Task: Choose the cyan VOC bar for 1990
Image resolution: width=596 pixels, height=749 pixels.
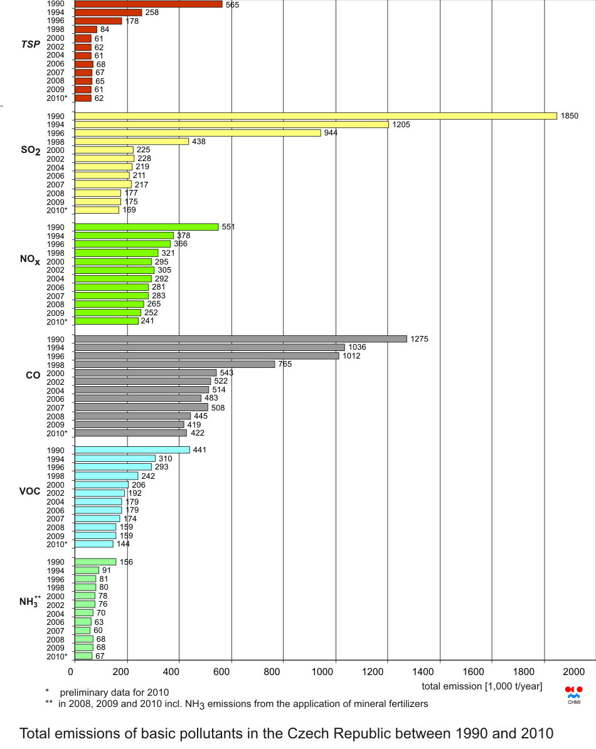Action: (132, 450)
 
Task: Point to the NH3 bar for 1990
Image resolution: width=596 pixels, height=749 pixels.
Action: (95, 562)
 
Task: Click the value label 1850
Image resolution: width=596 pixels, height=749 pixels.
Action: (570, 116)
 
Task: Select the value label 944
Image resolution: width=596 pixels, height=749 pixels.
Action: (331, 133)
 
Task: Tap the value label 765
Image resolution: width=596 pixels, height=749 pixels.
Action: (285, 364)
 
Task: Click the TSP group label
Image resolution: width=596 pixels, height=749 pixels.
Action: (31, 44)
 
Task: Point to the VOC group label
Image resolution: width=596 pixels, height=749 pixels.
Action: (29, 491)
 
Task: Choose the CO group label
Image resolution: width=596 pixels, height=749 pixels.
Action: (33, 375)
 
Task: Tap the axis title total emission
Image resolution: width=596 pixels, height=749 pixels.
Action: (482, 686)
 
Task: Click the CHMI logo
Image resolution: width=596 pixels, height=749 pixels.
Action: (573, 694)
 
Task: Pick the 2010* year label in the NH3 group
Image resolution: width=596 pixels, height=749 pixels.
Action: (56, 656)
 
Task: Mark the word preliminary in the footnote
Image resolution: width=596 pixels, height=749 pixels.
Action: (83, 693)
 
